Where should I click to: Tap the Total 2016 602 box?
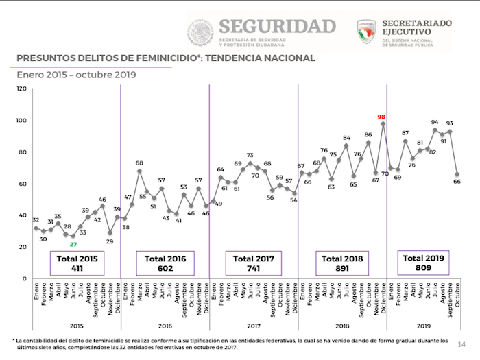click(x=165, y=263)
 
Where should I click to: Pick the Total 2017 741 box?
click(x=253, y=263)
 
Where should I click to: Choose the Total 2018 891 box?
click(x=341, y=263)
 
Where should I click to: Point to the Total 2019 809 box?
click(x=424, y=263)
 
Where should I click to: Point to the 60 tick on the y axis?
click(x=23, y=184)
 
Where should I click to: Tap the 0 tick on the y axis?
click(x=25, y=279)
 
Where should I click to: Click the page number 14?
click(x=461, y=343)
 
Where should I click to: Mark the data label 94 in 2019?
click(x=435, y=122)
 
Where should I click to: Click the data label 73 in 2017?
click(x=250, y=156)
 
